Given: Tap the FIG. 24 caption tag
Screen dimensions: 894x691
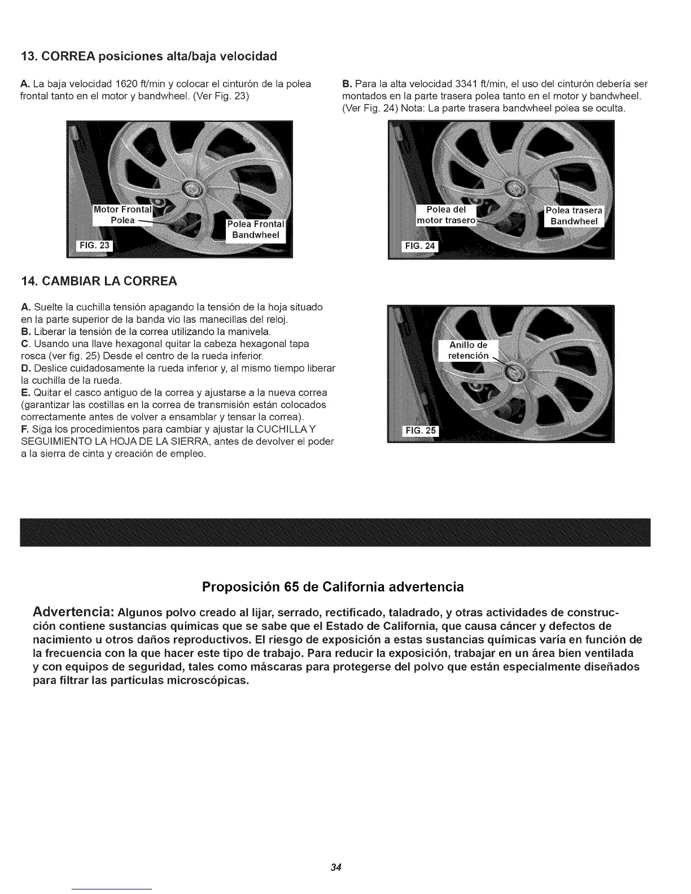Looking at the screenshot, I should (x=418, y=246).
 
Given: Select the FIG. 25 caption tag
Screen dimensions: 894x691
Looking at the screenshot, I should (x=421, y=431).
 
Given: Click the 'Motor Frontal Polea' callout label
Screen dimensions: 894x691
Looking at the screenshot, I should (x=123, y=214).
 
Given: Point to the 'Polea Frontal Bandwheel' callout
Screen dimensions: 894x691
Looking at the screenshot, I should (x=256, y=229).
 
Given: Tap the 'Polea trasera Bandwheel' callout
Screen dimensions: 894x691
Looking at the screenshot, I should (x=574, y=216).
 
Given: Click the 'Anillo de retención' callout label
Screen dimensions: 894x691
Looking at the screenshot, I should (x=468, y=350).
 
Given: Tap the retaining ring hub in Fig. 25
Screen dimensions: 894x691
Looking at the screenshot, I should (x=514, y=372).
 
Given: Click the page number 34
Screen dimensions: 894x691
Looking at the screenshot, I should (x=338, y=867).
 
